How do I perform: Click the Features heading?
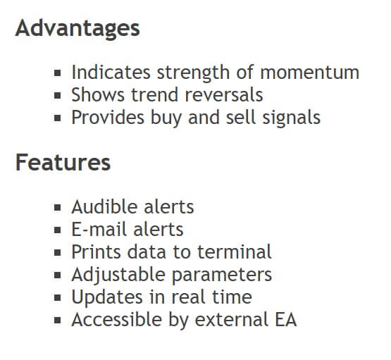coord(63,163)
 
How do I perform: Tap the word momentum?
coord(310,73)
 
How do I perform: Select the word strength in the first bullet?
coord(193,73)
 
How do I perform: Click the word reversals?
coord(224,95)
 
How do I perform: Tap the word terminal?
coord(235,252)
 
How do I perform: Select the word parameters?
coord(222,275)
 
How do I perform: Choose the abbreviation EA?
coord(286,319)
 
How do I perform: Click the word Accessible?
coord(117,319)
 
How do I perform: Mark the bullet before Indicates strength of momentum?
coord(58,73)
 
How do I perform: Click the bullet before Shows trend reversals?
coord(58,96)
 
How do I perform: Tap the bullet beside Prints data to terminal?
coord(58,252)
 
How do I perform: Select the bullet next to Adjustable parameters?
coord(58,275)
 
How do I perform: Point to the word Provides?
coord(108,117)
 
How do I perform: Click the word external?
coord(232,319)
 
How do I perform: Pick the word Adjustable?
coord(118,275)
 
